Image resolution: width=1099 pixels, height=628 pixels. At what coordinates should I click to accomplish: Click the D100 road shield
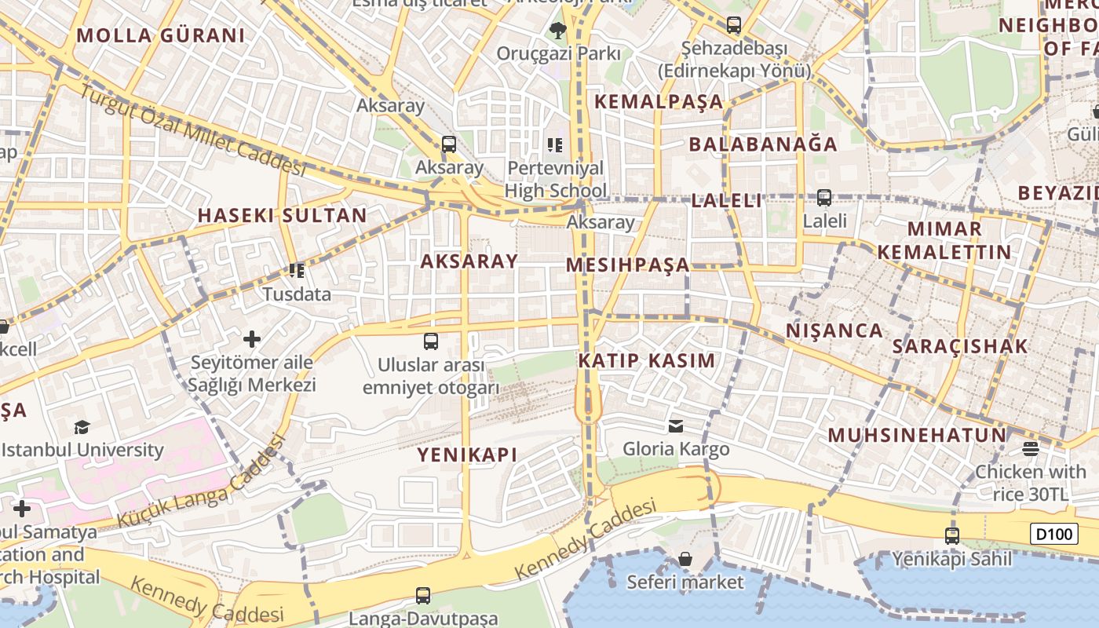[1053, 535]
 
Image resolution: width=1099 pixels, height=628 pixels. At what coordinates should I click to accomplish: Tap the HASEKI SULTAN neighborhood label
[282, 215]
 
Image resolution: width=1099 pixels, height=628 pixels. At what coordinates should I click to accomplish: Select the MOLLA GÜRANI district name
[161, 35]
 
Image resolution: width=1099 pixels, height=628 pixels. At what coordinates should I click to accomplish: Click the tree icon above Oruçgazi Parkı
[557, 31]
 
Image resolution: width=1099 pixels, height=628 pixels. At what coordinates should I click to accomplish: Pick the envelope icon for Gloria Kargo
[675, 426]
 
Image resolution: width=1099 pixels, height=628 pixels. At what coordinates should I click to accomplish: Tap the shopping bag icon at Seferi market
[685, 559]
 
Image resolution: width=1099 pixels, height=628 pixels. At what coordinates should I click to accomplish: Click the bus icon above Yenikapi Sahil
[951, 536]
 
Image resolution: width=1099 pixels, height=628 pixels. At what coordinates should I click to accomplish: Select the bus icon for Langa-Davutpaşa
[423, 596]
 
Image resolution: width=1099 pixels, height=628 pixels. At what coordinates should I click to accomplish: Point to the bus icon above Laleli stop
[824, 198]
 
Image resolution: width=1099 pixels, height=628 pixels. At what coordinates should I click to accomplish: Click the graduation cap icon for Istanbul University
[82, 427]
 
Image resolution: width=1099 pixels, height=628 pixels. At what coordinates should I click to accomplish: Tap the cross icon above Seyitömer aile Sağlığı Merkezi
[251, 339]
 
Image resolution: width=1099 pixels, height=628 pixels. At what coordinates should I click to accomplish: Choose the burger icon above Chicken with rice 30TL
[1031, 449]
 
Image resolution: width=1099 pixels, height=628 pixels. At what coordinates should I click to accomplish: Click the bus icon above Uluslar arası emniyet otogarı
[430, 341]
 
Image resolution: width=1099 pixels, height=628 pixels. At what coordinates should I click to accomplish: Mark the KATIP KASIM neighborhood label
[647, 361]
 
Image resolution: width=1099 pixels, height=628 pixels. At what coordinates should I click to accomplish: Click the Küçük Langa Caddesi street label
[200, 484]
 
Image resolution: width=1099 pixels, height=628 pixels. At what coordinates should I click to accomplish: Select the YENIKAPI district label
[467, 455]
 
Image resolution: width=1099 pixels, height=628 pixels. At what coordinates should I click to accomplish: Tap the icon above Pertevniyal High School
[555, 144]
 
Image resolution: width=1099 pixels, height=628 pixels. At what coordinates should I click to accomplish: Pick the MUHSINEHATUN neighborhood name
[917, 436]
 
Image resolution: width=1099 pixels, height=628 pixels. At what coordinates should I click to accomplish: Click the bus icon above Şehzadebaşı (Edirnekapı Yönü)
[733, 25]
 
